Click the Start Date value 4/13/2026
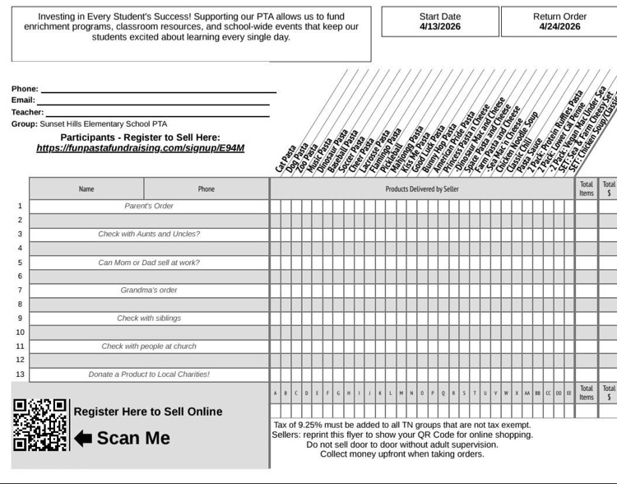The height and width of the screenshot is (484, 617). coord(440,26)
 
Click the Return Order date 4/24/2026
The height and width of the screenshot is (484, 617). coord(559,26)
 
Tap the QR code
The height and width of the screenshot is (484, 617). coord(39,425)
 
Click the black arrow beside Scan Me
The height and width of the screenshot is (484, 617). coord(83,438)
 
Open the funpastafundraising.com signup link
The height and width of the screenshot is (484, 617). coord(140,149)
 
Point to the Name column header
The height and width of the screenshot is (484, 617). coord(86,189)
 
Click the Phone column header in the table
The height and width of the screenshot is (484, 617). coord(206,189)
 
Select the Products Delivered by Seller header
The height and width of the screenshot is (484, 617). coord(422,189)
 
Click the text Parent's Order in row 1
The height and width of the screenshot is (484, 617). coord(149,206)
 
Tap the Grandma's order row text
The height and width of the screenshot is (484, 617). coord(149,290)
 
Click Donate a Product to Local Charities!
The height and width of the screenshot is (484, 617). coord(149,374)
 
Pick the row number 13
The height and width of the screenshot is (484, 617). coord(21,374)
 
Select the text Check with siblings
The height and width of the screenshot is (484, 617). coord(149,318)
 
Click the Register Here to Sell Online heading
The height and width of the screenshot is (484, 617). coord(148,412)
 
